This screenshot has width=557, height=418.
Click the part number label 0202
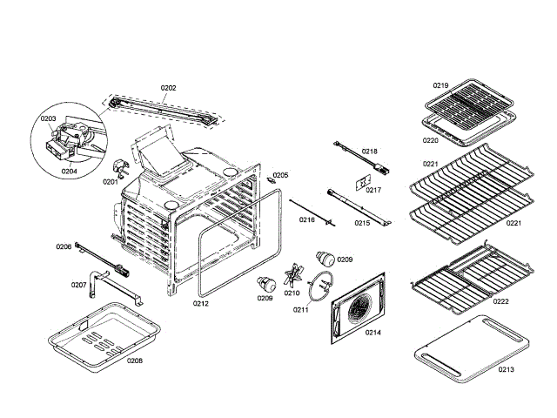pos(168,87)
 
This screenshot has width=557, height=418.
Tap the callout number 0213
pos(507,369)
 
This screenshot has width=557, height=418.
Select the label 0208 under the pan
pos(135,361)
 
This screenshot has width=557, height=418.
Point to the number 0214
pos(372,333)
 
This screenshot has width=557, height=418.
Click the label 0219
pos(441,85)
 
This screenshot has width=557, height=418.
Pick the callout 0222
pos(500,301)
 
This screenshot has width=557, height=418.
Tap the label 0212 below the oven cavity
pos(200,303)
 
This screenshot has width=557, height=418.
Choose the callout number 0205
pos(279,175)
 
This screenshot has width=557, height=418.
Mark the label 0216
pos(306,220)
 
